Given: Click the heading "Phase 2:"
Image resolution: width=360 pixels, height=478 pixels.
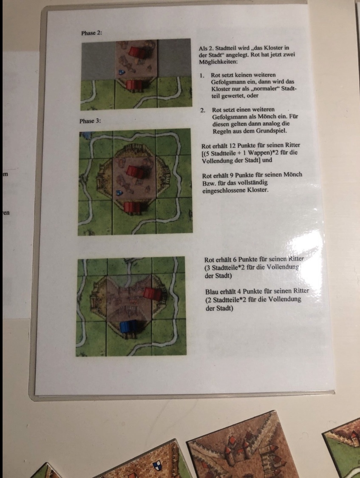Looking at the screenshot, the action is pyautogui.click(x=91, y=33).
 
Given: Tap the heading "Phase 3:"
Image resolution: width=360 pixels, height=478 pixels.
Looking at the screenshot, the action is pyautogui.click(x=90, y=121).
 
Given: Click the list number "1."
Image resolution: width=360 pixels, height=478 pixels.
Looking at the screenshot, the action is pyautogui.click(x=202, y=75).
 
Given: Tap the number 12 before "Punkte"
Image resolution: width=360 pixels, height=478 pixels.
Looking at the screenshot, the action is pyautogui.click(x=232, y=145).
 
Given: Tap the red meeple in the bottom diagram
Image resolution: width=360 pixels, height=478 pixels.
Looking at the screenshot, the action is pyautogui.click(x=153, y=294).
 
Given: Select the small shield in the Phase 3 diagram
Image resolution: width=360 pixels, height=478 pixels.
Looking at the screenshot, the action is pyautogui.click(x=119, y=193).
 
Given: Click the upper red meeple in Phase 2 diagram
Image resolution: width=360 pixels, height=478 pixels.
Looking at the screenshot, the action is pyautogui.click(x=136, y=52).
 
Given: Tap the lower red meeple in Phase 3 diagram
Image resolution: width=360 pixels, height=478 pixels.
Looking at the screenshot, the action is pyautogui.click(x=133, y=208).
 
